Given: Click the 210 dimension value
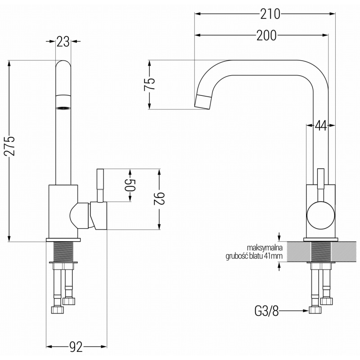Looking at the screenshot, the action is pos(270,14).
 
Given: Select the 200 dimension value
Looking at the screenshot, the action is pos(266,36).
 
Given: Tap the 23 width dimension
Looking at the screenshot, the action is pos(63,41).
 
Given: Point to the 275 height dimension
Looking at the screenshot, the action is pos(10,146).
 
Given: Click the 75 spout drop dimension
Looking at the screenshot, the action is pos(149,85).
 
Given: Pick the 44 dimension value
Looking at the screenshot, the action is pos(320,126).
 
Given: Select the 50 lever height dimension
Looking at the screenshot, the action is pos(130,185).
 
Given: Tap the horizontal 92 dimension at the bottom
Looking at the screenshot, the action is pos(76,346).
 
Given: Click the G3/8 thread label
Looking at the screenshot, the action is pos(266,311).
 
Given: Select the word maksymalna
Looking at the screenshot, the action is pos(265,248).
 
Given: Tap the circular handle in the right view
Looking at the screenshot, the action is pos(321,216).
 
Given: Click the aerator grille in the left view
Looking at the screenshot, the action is pos(63,108).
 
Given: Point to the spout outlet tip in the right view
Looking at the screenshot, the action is pos(203,101).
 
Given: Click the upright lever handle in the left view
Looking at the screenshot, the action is pos(100,186).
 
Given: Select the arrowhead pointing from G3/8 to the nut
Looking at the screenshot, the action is pos(306,311).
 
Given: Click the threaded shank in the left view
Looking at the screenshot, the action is pos(63,252).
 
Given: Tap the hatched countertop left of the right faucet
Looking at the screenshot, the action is pos(299,252).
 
